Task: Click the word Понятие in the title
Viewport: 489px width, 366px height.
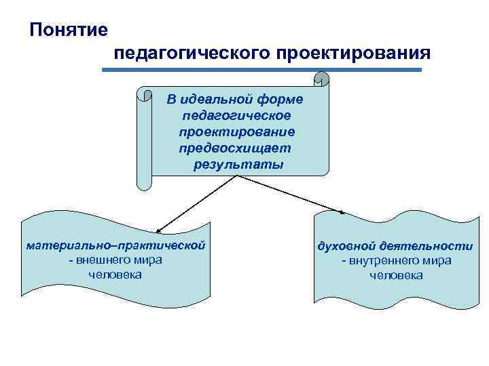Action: pyautogui.click(x=69, y=30)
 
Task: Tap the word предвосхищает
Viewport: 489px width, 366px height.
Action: pyautogui.click(x=234, y=148)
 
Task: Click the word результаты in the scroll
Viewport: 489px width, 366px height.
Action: pyautogui.click(x=238, y=164)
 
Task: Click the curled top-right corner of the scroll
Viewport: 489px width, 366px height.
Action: pyautogui.click(x=321, y=79)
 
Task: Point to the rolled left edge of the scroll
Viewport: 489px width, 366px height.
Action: pyautogui.click(x=144, y=139)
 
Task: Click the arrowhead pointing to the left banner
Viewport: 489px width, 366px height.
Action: pyautogui.click(x=158, y=232)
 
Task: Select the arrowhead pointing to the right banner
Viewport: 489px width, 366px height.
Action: pyautogui.click(x=342, y=212)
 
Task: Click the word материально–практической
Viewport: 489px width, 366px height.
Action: pyautogui.click(x=115, y=245)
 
